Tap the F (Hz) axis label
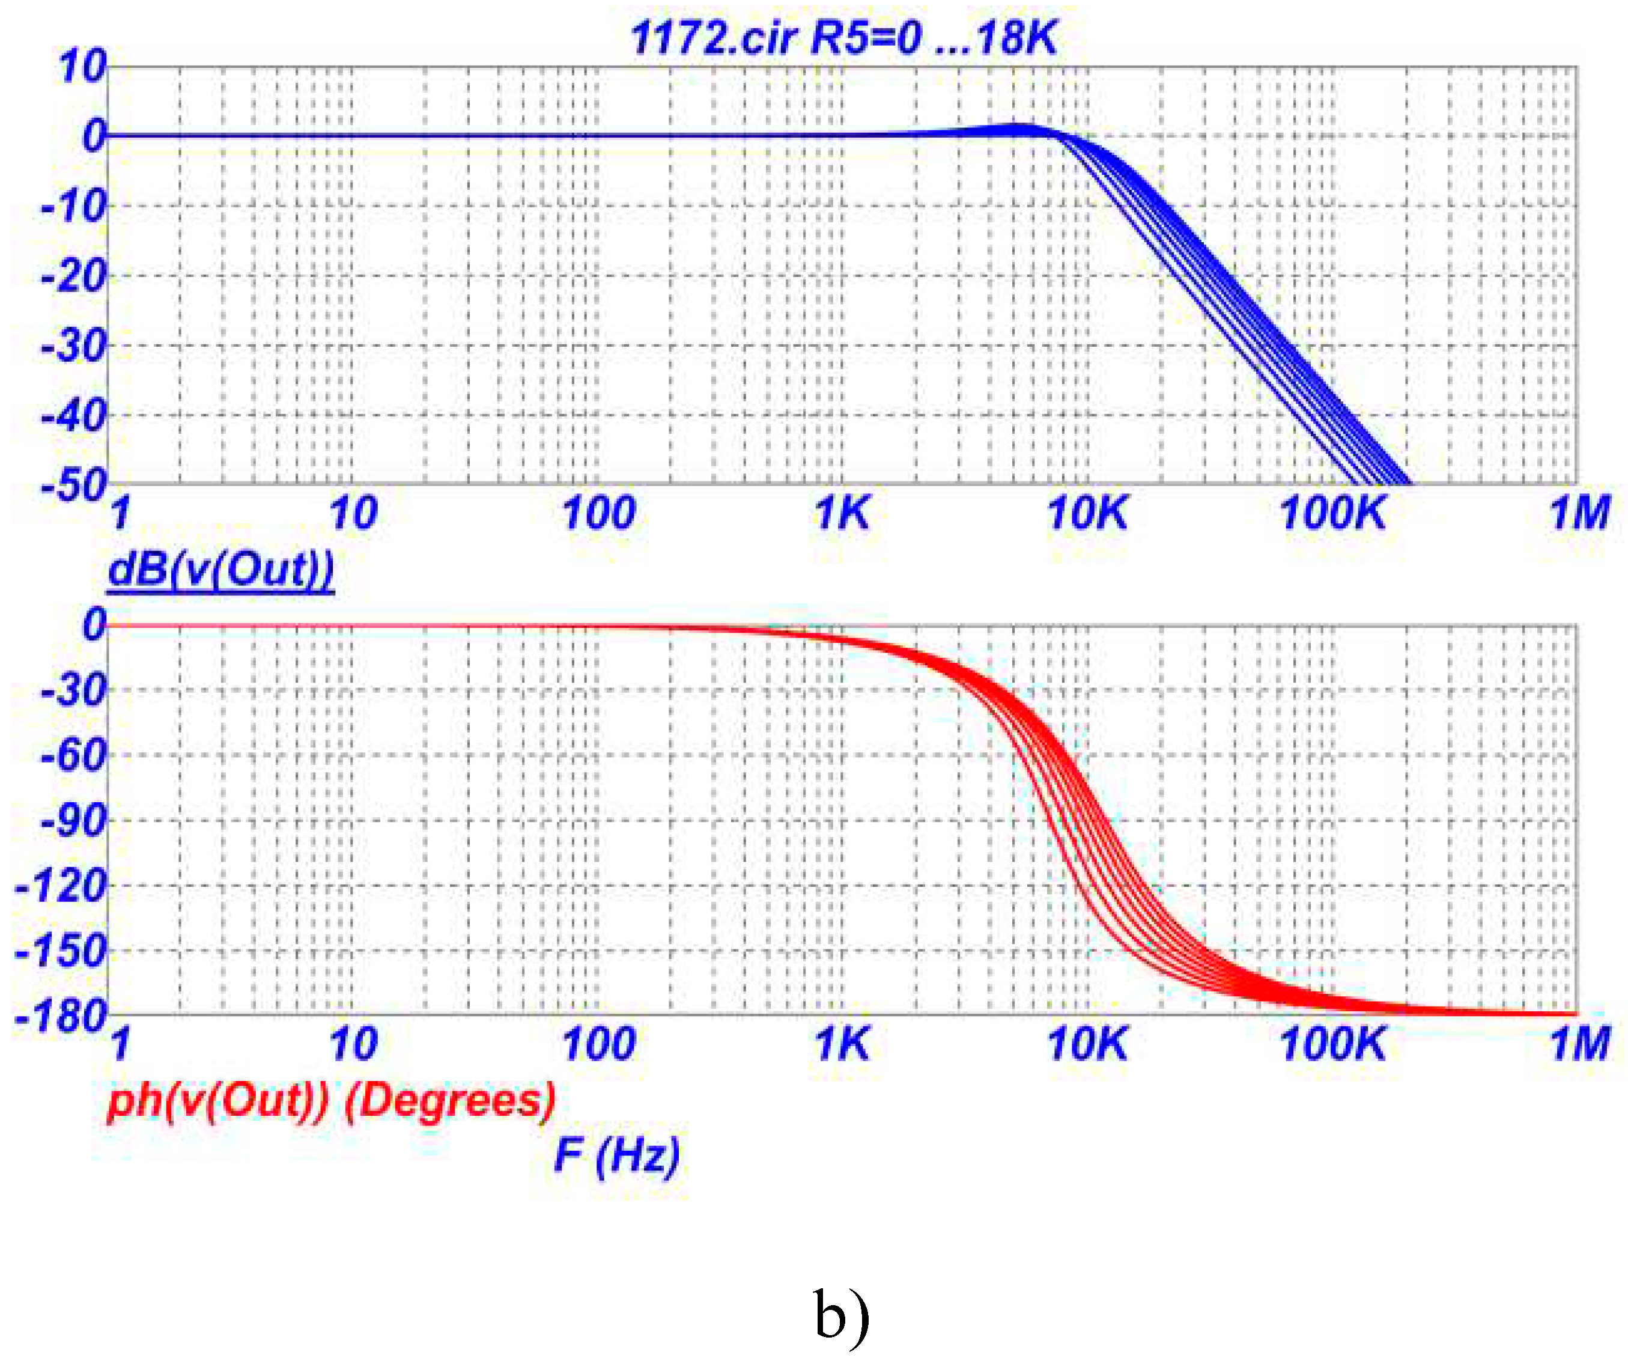pos(617,1155)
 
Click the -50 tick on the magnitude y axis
pos(74,486)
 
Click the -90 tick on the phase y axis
pos(74,820)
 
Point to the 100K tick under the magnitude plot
pos(1332,513)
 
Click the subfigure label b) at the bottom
pos(842,1314)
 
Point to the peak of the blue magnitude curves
pos(1023,126)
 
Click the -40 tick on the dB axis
pos(74,416)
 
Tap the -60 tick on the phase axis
pos(74,755)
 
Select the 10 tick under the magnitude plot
pos(353,513)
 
